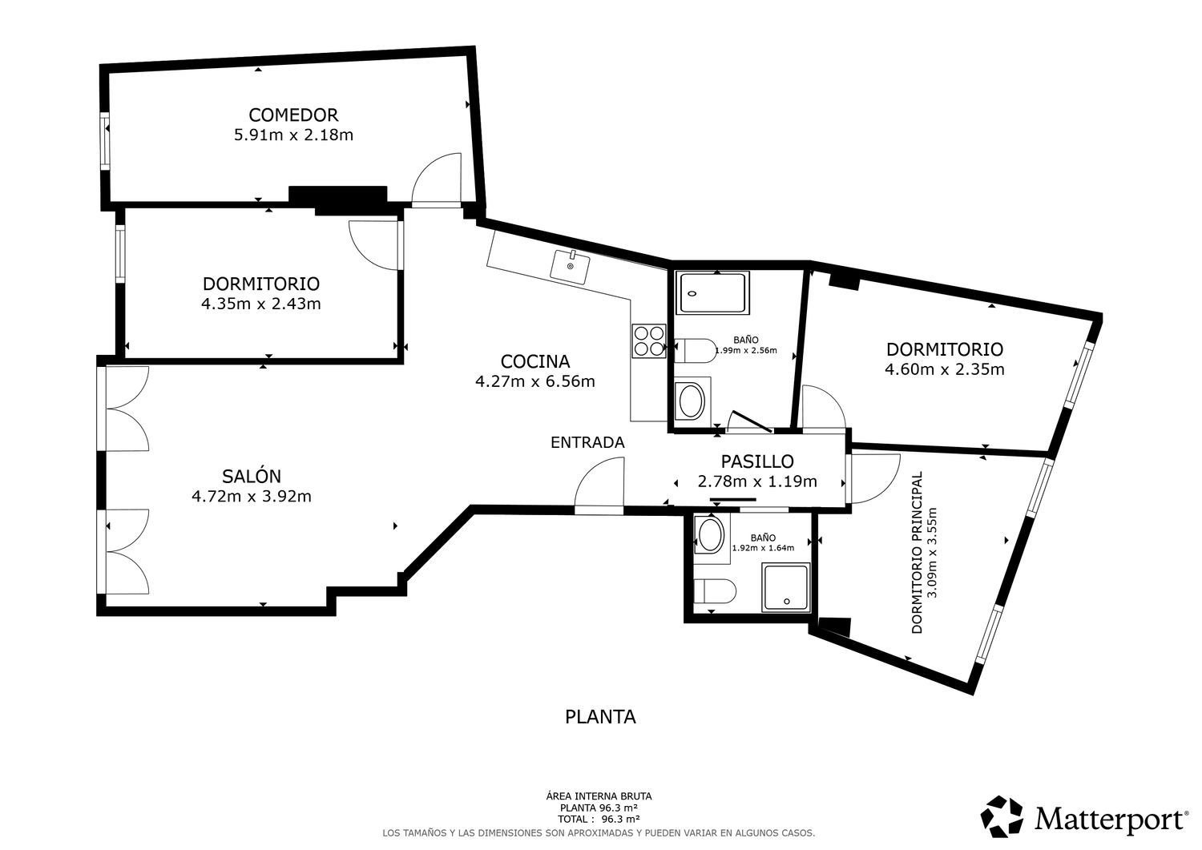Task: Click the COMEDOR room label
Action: [293, 115]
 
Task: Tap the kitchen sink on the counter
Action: [570, 267]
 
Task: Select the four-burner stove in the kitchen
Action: [649, 340]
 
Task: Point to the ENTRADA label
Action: [587, 443]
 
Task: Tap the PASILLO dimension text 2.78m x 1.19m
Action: [757, 481]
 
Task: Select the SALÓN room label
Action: [252, 476]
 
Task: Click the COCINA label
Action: [535, 361]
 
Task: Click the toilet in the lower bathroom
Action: [715, 590]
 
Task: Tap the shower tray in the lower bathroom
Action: [786, 587]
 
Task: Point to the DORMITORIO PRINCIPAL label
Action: [917, 553]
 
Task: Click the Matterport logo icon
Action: [1002, 816]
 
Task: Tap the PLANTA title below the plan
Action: [600, 717]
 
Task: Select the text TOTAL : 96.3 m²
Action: [599, 820]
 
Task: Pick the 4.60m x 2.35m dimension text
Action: [945, 369]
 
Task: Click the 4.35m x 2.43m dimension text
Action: [260, 304]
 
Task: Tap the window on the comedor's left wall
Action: [105, 142]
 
